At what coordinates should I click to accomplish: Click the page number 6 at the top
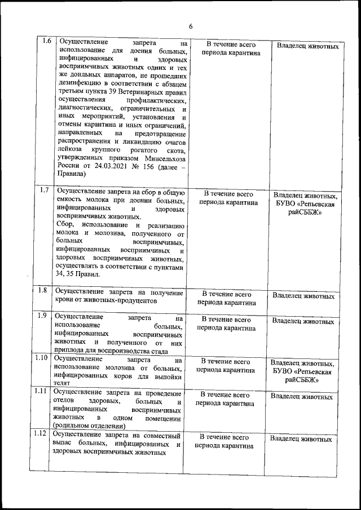[x=191, y=26]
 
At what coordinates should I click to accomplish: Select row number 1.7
[x=46, y=190]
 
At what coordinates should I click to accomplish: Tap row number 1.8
[x=42, y=291]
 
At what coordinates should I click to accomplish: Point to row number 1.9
[x=42, y=316]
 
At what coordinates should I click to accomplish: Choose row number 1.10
[x=42, y=357]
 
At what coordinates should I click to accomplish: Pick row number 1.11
[x=41, y=391]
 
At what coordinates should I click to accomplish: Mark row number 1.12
[x=41, y=433]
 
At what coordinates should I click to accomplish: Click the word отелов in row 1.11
[x=64, y=402]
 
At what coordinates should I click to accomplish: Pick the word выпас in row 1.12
[x=61, y=445]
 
